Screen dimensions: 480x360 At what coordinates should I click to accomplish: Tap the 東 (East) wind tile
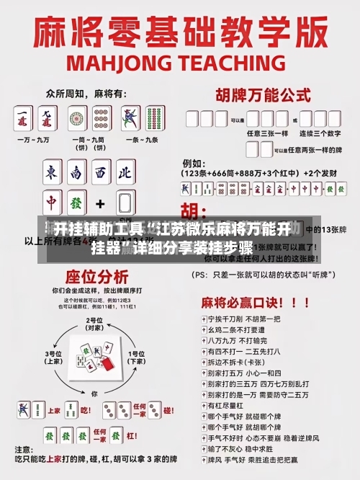pyautogui.click(x=51, y=173)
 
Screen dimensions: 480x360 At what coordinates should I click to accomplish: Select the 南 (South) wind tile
pyautogui.click(x=76, y=173)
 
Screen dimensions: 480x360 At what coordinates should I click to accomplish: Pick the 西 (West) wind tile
pyautogui.click(x=101, y=173)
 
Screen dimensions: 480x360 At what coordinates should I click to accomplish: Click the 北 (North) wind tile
pyautogui.click(x=125, y=173)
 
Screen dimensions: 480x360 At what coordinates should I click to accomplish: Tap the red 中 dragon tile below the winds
pyautogui.click(x=52, y=202)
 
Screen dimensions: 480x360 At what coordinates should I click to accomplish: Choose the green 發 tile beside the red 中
pyautogui.click(x=77, y=202)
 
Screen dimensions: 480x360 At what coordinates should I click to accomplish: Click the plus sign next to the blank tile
pyautogui.click(x=101, y=203)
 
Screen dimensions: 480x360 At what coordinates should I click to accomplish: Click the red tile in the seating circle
pyautogui.click(x=109, y=364)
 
